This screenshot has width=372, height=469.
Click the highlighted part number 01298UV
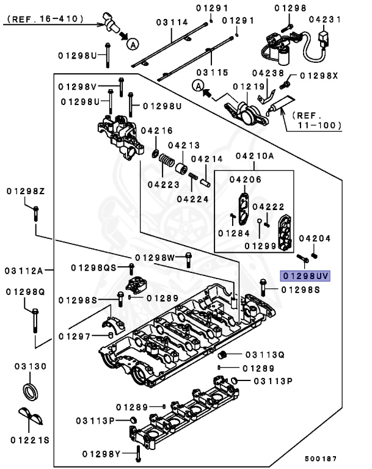point(305,276)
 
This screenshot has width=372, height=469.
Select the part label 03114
point(171,22)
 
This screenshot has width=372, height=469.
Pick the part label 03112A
point(24,270)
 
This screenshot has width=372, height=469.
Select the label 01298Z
point(26,191)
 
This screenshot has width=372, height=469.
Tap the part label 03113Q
point(265,354)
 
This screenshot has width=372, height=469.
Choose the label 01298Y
point(102,453)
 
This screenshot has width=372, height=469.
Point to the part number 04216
point(156,130)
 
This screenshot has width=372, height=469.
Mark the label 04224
point(192,198)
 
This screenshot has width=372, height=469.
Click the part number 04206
point(246,179)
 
